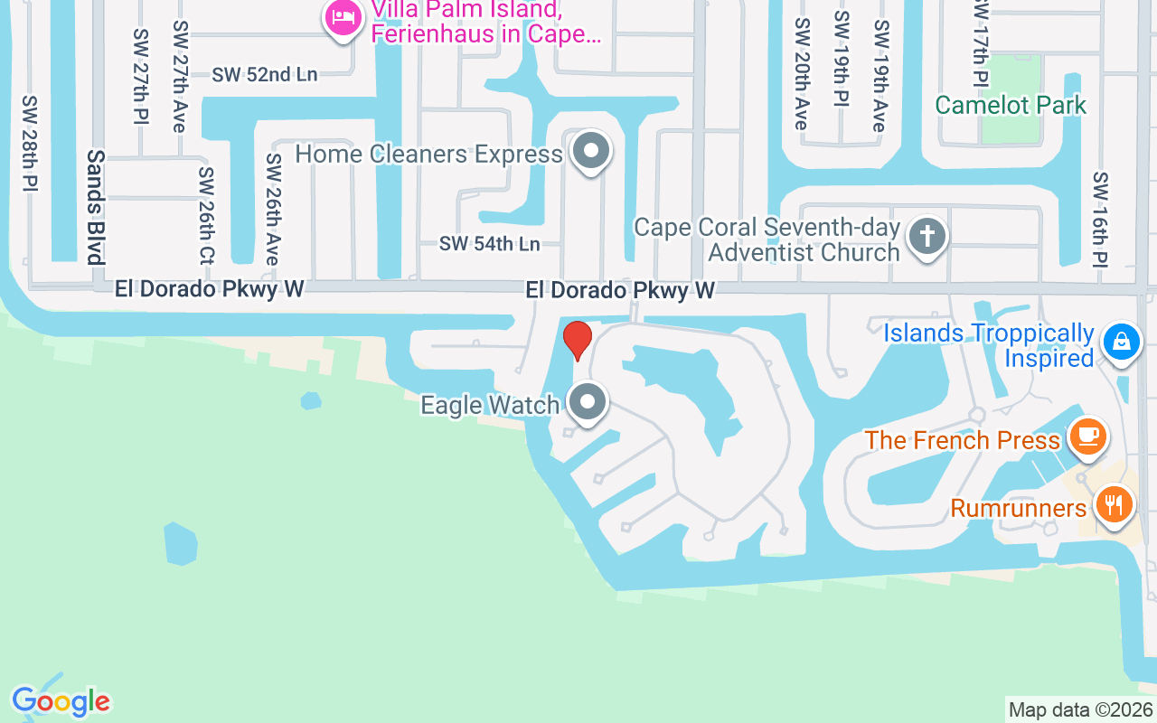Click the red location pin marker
tap(578, 341)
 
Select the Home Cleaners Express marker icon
tap(592, 151)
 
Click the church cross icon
tap(927, 236)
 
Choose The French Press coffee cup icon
tap(1088, 437)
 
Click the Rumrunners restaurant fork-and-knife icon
tap(1114, 504)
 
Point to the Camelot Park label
tap(1011, 105)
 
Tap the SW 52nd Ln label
tap(265, 75)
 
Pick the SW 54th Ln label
tap(489, 244)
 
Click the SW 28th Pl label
tap(31, 143)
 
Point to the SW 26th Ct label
tap(207, 215)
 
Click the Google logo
tap(61, 701)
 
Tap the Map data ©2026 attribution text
tap(1080, 710)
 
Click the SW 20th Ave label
tap(800, 74)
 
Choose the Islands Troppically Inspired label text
tap(988, 345)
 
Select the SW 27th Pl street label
tap(140, 77)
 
